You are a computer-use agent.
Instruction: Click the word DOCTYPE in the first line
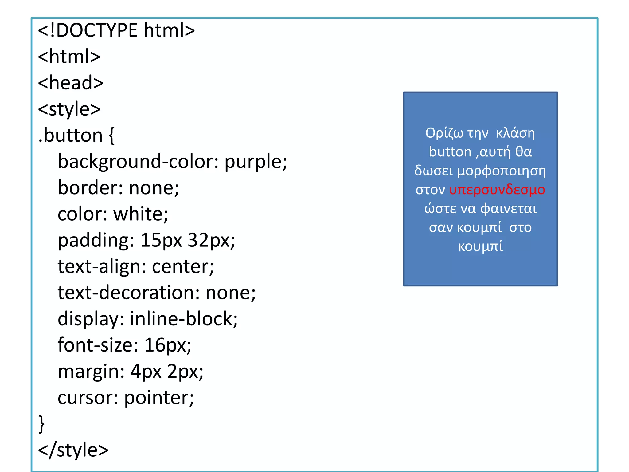(x=97, y=30)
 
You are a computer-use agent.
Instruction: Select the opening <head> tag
(x=71, y=83)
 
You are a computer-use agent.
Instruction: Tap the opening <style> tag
(x=69, y=109)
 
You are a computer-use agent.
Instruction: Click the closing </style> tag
(x=73, y=450)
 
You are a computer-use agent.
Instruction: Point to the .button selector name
(x=70, y=135)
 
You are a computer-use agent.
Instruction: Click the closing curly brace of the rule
(x=41, y=424)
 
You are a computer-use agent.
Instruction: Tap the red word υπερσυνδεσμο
(x=497, y=190)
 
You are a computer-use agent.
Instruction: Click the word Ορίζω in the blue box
(x=444, y=133)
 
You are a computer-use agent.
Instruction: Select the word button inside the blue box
(x=450, y=152)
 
